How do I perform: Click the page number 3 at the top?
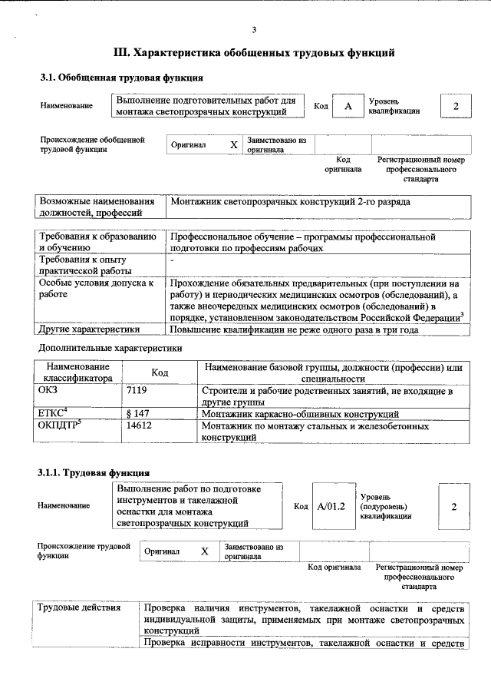pos(253,30)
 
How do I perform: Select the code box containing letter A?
pos(348,107)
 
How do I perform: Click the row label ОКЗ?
pos(48,391)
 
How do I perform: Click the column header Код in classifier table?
pos(160,372)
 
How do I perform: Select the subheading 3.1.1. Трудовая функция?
pos(94,472)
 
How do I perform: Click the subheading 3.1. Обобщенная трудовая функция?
pos(121,78)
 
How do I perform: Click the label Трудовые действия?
pos(80,608)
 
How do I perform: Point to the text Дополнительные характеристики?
pos(110,348)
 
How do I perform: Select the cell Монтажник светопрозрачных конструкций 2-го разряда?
pos(290,202)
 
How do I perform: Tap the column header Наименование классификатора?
pos(77,372)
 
